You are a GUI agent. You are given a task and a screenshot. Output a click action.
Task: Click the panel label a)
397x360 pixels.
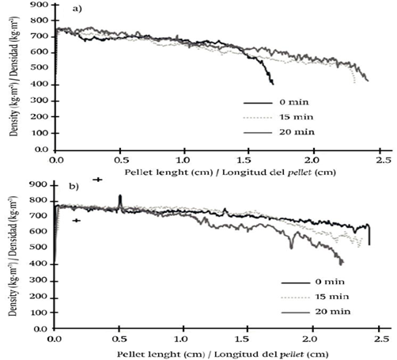coord(78,9)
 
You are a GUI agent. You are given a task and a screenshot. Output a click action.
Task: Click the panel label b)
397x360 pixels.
coord(74,187)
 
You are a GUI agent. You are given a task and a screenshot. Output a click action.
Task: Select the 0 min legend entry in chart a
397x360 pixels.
coord(276,102)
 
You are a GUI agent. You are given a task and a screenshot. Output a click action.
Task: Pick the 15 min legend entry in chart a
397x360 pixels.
coord(278,117)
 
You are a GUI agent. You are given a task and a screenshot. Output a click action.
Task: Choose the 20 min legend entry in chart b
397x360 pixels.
coord(316,312)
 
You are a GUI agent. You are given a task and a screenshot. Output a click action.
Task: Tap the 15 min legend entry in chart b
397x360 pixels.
coord(315,297)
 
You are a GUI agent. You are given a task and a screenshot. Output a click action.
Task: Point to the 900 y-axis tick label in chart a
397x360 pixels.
coord(40,5)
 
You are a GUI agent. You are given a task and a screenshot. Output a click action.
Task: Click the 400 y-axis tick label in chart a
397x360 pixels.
coord(40,85)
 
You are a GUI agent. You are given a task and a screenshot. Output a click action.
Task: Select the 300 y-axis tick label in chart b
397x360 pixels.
coord(39,281)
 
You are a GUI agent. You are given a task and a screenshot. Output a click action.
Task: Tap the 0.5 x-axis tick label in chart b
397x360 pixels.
coord(119,339)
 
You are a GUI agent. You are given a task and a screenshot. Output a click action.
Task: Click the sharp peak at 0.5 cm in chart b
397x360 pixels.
coord(120,195)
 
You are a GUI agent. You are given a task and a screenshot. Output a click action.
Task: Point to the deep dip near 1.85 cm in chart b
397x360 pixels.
coord(291,248)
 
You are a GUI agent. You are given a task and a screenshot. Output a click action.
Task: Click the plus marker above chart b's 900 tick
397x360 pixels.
coord(97,180)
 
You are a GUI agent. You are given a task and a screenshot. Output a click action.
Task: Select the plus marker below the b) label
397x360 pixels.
coord(77,221)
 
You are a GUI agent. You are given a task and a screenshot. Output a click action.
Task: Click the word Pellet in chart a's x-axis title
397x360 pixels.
coord(138,172)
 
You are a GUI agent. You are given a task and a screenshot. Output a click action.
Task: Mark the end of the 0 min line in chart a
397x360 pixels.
coord(273,84)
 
